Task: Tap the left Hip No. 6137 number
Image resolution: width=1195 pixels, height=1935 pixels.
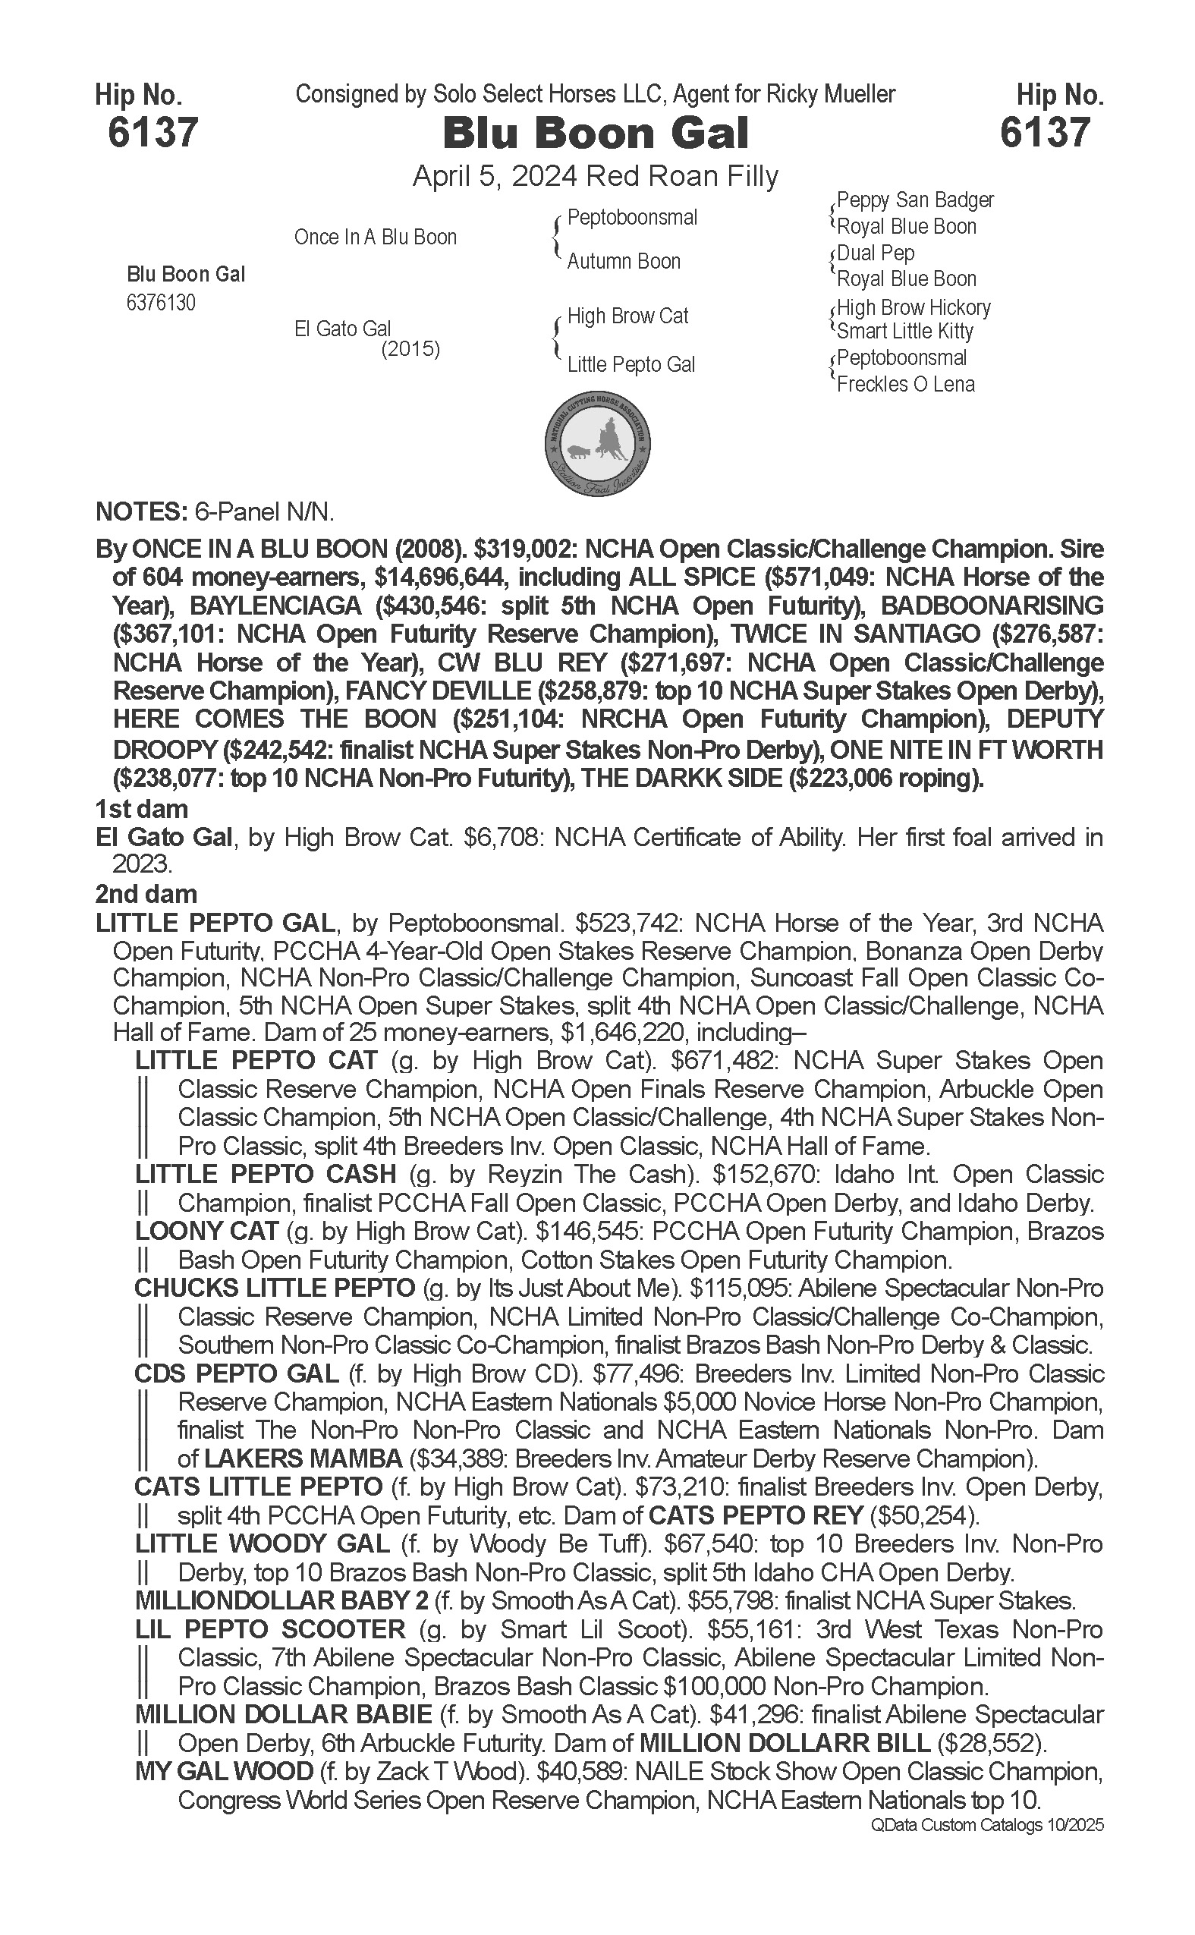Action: (x=153, y=132)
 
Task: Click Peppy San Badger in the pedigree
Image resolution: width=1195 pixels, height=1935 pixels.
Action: (x=914, y=200)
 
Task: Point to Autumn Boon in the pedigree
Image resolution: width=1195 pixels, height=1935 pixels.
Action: (x=623, y=262)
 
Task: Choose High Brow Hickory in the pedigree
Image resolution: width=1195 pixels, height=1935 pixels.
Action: (x=913, y=307)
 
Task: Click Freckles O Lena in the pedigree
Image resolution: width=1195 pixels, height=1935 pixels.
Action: (x=905, y=385)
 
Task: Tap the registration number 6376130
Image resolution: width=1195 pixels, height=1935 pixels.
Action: (x=160, y=304)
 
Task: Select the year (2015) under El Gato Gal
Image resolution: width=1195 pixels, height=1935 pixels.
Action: (x=410, y=349)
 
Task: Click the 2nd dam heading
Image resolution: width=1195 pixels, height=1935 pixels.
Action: (x=146, y=895)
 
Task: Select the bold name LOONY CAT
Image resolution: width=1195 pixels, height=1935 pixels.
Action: (x=206, y=1231)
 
